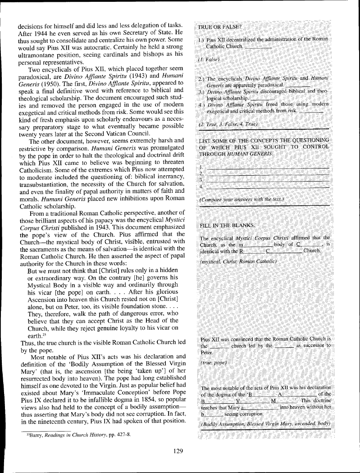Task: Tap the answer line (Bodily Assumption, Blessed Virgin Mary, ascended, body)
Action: pyautogui.click(x=265, y=424)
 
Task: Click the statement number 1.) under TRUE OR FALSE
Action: pyautogui.click(x=202, y=40)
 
